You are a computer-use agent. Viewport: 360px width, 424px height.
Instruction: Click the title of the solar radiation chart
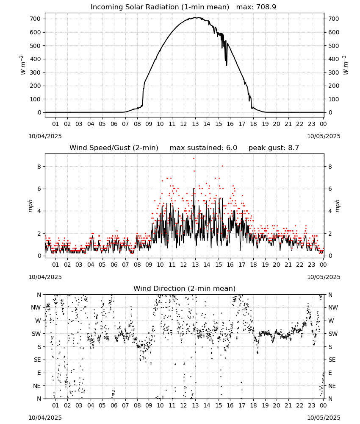[x=160, y=7]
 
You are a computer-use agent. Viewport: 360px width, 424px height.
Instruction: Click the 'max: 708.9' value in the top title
[x=256, y=7]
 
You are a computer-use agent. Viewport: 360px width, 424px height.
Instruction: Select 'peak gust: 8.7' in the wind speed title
[x=274, y=148]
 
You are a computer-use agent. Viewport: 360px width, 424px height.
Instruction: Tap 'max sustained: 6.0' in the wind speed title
[x=203, y=148]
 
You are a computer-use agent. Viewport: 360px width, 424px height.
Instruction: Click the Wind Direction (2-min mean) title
[x=185, y=288]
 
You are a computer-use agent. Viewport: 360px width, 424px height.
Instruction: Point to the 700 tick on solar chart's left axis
[x=35, y=19]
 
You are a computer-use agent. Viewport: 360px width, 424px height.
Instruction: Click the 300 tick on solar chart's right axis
[x=334, y=73]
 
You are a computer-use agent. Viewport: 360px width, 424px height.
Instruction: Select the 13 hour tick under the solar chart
[x=195, y=124]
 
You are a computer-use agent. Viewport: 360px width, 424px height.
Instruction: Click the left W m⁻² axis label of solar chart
[x=22, y=65]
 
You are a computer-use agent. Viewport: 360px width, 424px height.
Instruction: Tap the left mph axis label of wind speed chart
[x=30, y=206]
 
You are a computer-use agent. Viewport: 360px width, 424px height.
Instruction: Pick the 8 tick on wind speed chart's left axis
[x=39, y=167]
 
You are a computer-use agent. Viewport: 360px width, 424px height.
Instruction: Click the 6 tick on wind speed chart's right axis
[x=330, y=189]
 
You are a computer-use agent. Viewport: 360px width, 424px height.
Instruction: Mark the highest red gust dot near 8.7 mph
[x=194, y=159]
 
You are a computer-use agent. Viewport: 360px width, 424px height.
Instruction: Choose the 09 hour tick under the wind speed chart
[x=149, y=265]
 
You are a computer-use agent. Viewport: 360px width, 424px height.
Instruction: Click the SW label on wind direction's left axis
[x=36, y=334]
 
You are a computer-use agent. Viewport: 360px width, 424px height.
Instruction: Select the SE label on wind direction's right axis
[x=332, y=360]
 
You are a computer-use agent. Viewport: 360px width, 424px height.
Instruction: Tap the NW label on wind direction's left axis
[x=36, y=307]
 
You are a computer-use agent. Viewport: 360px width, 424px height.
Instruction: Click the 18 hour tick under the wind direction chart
[x=253, y=405]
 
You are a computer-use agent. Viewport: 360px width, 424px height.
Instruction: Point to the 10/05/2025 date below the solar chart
[x=324, y=136]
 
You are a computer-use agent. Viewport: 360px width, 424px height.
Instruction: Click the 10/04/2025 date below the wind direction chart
[x=45, y=418]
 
